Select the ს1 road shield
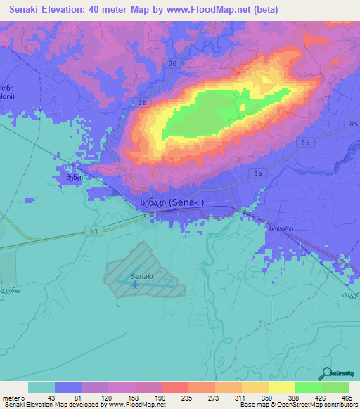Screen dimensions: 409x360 pos(95,231)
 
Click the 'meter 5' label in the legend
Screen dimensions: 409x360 pos(13,397)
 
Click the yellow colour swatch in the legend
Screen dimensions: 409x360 pos(282,387)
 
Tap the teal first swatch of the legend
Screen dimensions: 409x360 pos(41,387)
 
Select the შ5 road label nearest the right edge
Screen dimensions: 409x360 pos(349,124)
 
